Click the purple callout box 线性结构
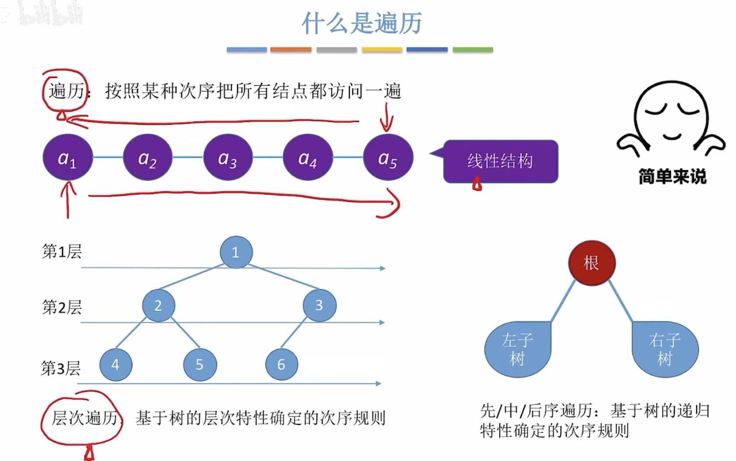point(500,161)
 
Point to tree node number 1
point(236,252)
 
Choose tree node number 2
point(158,305)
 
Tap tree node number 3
point(319,305)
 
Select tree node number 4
point(115,364)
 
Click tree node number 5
point(200,364)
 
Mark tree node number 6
point(281,364)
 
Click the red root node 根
point(591,263)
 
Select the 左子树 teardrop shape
point(518,349)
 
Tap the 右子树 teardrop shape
point(665,349)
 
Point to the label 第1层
point(62,252)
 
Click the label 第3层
point(61,368)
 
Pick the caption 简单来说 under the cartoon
point(672,177)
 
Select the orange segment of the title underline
point(291,50)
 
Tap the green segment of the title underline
point(472,50)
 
